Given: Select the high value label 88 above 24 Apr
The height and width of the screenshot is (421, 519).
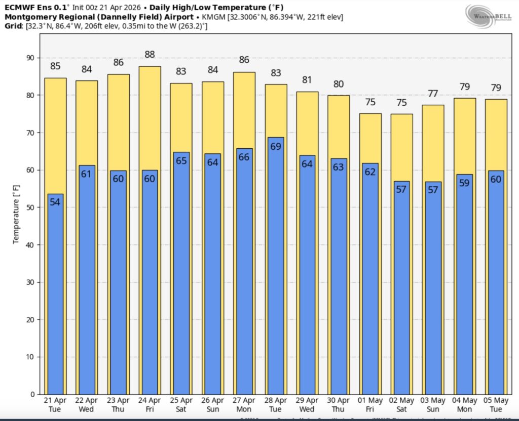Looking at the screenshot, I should [150, 55].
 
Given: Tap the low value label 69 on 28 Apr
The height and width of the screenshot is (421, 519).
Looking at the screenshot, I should [275, 147].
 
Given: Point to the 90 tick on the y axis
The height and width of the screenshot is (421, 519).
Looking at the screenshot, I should [30, 58].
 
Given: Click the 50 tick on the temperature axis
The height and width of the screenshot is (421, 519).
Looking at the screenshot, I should [30, 207].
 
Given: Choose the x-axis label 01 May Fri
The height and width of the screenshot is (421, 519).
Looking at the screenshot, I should [370, 405].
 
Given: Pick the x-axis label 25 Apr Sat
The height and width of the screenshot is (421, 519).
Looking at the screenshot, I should [181, 405].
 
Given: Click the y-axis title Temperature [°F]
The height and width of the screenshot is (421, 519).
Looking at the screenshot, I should [16, 214].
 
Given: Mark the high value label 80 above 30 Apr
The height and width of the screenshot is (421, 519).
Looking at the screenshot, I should [338, 84].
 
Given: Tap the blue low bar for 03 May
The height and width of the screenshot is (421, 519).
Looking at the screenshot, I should [433, 293].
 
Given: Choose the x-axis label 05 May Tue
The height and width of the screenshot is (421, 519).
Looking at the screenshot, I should [496, 405].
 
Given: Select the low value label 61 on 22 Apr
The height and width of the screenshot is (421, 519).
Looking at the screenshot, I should [87, 174].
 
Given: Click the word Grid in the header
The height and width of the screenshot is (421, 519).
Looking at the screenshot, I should [14, 26].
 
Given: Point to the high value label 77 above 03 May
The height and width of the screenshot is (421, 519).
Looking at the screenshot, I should [433, 94].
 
